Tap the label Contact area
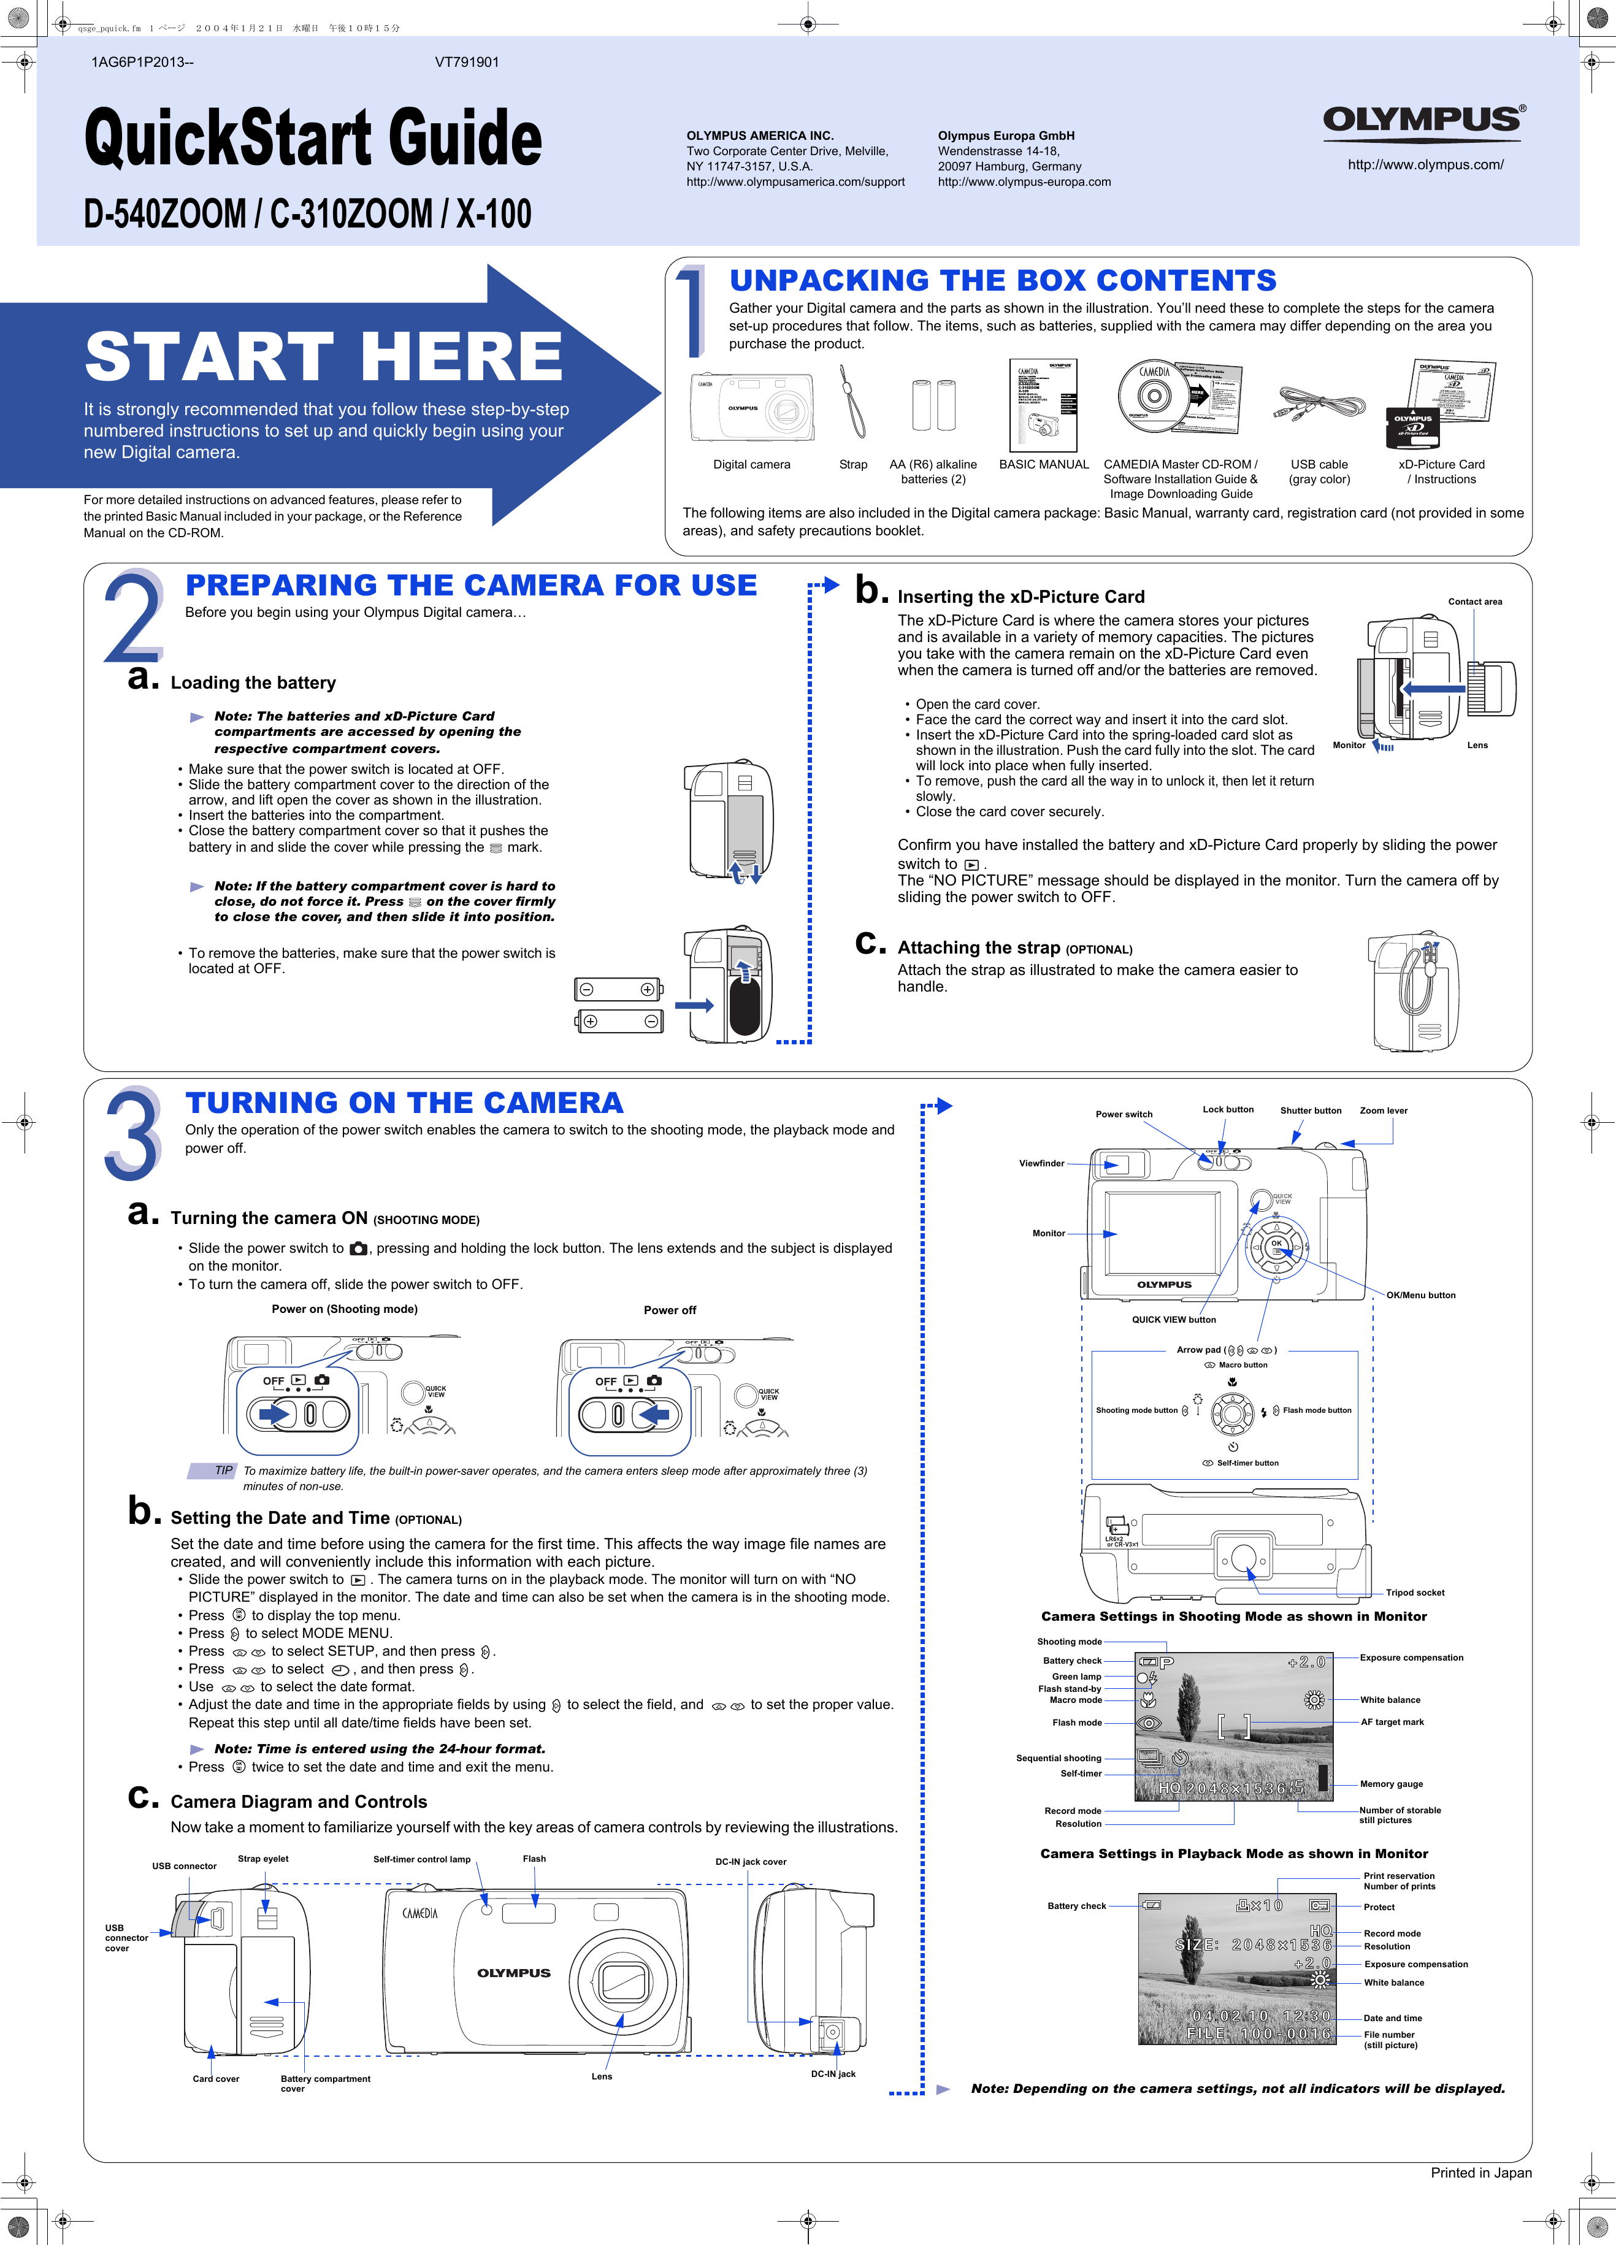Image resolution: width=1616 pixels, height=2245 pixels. [x=1474, y=602]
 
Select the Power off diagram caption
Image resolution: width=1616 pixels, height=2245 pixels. [x=669, y=1310]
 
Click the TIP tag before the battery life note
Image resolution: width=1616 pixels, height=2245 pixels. [x=223, y=1471]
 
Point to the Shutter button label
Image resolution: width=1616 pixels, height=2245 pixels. [x=1310, y=1111]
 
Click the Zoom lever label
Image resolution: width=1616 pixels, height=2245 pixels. [x=1384, y=1111]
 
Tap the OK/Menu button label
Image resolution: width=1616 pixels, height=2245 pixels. [x=1420, y=1295]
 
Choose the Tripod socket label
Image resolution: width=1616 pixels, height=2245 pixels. [x=1414, y=1593]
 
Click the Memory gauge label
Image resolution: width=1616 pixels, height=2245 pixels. [x=1391, y=1784]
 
